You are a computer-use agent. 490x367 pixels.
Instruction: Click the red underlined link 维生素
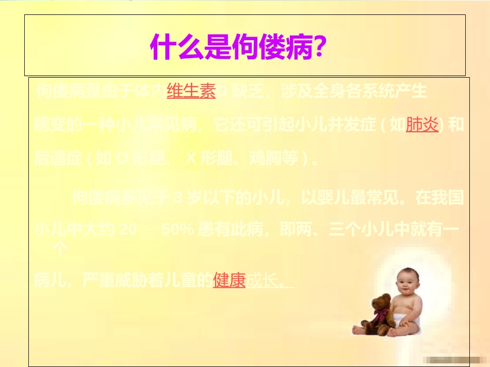(x=191, y=92)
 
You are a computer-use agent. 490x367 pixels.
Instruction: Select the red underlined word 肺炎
(x=422, y=125)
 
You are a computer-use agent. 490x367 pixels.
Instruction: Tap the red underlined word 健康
(x=229, y=280)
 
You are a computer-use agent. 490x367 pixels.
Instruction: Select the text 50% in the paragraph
(x=177, y=230)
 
